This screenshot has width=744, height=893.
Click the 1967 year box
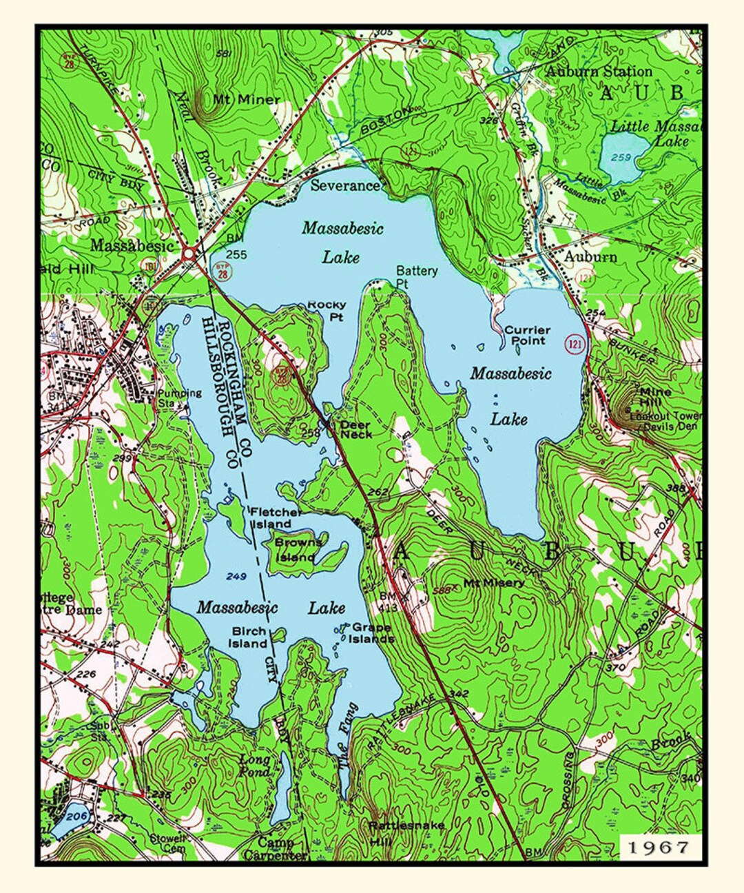point(659,847)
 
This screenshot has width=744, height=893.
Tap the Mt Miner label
point(246,99)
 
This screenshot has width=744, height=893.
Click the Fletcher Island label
point(275,517)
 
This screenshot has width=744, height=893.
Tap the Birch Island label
point(249,637)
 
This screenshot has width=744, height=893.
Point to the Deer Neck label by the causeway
point(356,430)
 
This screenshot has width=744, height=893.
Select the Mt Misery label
point(493,583)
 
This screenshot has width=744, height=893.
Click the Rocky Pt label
point(326,310)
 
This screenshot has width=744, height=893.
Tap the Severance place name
point(344,185)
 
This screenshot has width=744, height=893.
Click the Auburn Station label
point(598,72)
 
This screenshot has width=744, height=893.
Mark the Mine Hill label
point(655,396)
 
